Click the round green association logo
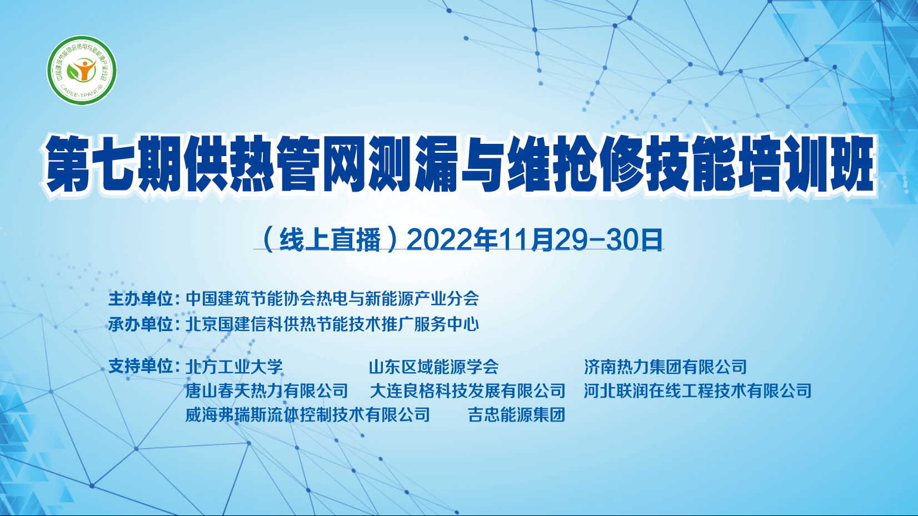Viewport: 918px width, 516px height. tap(82, 70)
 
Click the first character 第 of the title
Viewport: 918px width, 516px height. tap(67, 164)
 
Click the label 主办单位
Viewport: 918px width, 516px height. tap(141, 298)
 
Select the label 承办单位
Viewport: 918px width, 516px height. tap(141, 324)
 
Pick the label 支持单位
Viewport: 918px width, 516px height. tap(141, 366)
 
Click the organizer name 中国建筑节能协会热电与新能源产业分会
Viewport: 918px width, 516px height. tap(332, 298)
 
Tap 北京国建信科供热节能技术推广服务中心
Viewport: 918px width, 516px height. tap(332, 324)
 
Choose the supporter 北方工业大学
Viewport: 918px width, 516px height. tap(234, 367)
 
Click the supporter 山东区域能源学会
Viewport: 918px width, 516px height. tap(433, 367)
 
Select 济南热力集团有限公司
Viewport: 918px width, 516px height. tap(665, 367)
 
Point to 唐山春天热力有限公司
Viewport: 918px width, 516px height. tap(267, 390)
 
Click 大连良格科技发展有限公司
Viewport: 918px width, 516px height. tap(467, 390)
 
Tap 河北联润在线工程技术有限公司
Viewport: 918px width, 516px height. tap(697, 390)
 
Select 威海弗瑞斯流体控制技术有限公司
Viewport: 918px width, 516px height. tap(308, 415)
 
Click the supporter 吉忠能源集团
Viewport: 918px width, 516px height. tap(517, 415)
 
